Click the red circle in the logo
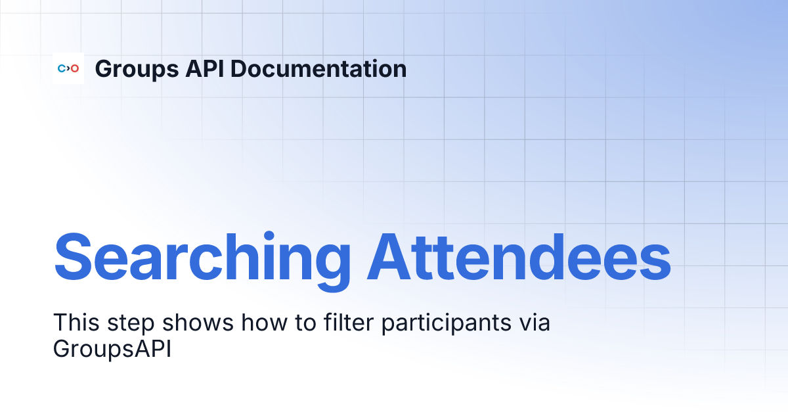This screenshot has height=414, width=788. [75, 68]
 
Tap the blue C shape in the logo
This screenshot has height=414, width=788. [61, 68]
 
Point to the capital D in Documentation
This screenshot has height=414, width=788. [240, 68]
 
